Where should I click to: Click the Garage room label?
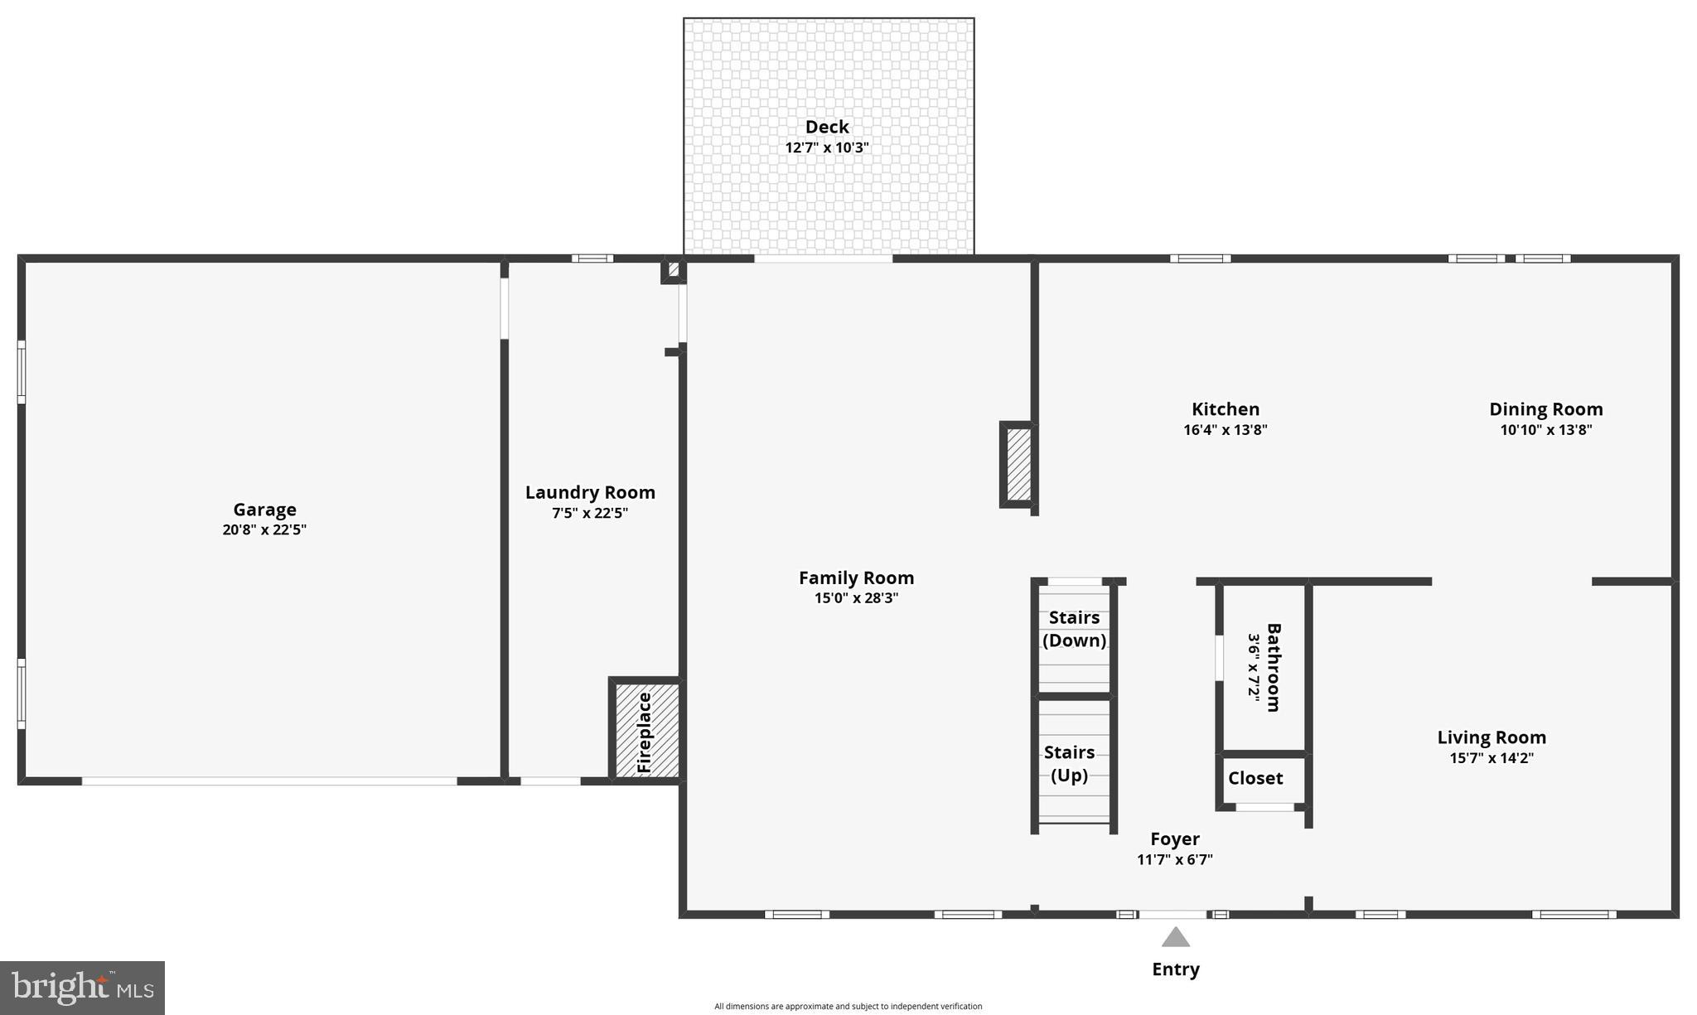(264, 510)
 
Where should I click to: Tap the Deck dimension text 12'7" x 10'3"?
(827, 147)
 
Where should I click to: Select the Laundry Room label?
(590, 492)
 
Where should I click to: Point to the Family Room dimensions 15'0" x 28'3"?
(856, 598)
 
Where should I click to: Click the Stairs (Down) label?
(1074, 629)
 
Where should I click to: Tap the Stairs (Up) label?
(1069, 763)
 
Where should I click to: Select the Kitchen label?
(1225, 409)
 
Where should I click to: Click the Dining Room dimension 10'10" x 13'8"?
(1545, 430)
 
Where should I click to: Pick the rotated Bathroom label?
(1274, 668)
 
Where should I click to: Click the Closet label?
(1255, 778)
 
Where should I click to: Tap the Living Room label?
(1491, 737)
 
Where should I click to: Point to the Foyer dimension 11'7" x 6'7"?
(1174, 860)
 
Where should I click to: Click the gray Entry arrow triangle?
(1175, 938)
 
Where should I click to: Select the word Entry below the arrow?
(1175, 969)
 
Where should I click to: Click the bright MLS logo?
(82, 988)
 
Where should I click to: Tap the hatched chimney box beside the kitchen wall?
(1018, 464)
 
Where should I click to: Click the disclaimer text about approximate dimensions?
(848, 1006)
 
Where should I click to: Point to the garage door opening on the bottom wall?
(269, 781)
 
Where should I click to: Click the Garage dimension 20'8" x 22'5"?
(264, 530)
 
